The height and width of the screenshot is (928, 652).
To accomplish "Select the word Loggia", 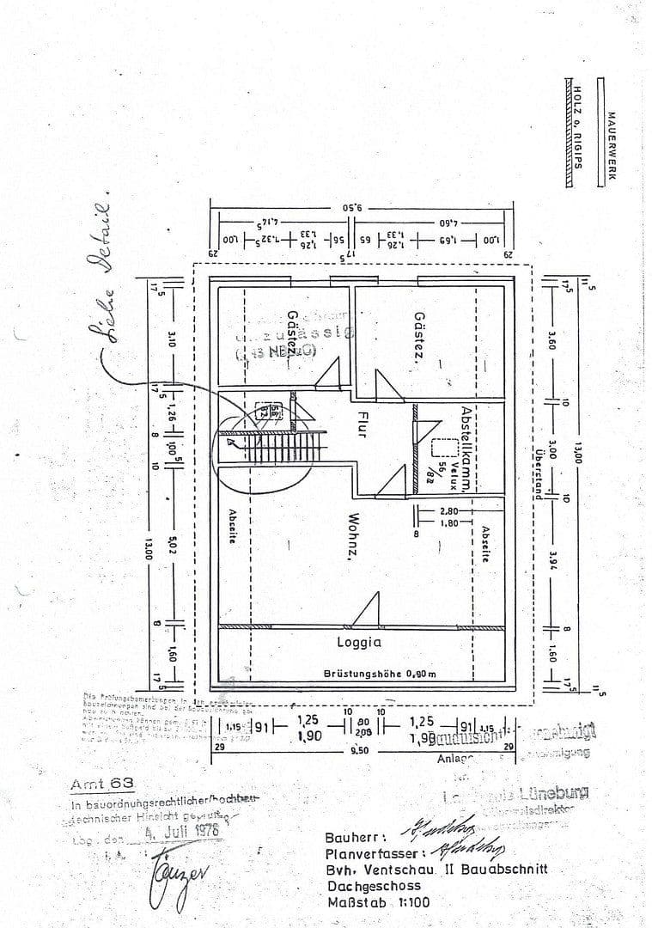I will pyautogui.click(x=358, y=641).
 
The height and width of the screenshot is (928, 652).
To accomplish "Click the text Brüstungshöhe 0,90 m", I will pyautogui.click(x=380, y=674).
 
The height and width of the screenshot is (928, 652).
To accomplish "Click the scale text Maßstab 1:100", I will pyautogui.click(x=378, y=902).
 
